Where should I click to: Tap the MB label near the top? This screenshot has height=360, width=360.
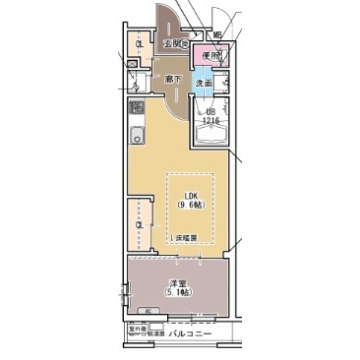click(x=217, y=35)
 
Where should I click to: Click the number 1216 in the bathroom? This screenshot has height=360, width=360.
click(x=211, y=121)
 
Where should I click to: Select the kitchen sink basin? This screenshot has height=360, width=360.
click(x=136, y=135)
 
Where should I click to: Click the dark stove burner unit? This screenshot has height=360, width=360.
click(x=136, y=108)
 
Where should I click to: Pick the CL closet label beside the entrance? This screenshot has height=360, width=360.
click(x=139, y=45)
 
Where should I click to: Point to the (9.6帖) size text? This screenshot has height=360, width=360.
click(x=191, y=204)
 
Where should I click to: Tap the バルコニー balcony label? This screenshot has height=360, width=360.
click(x=190, y=334)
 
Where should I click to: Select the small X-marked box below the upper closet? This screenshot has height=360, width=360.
click(x=132, y=64)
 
